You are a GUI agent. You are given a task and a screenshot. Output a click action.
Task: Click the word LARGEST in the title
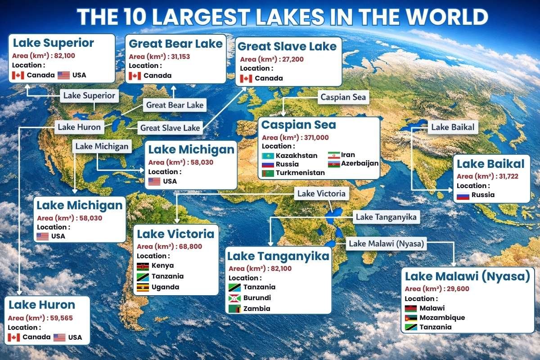click(x=209, y=17)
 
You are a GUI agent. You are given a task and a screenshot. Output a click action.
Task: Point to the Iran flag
click(x=334, y=155)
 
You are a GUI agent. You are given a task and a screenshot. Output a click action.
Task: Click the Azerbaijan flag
click(x=334, y=164)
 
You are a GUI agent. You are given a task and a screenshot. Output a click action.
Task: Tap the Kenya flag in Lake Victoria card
click(x=143, y=265)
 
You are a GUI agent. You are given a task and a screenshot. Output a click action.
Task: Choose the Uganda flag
click(x=143, y=287)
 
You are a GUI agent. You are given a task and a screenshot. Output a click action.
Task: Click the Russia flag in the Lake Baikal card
click(x=463, y=195)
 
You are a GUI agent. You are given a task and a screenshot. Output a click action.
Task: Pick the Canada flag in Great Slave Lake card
click(x=246, y=78)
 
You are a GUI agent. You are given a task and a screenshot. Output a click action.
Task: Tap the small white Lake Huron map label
click(x=79, y=127)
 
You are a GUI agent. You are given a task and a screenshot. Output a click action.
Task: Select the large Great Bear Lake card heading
click(x=175, y=44)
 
